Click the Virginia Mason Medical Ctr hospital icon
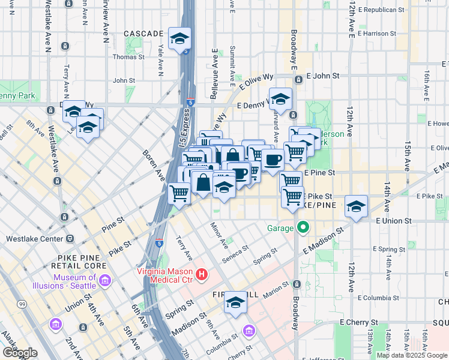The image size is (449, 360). tap(202, 275)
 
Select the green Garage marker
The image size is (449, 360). tap(303, 227)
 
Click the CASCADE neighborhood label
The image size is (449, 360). tap(143, 34)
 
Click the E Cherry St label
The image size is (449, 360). tap(360, 322)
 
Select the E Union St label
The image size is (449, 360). tap(393, 221)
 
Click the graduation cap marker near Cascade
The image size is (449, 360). tap(179, 40)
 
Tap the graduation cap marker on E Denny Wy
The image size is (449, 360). tap(280, 98)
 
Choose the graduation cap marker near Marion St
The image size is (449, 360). tap(236, 303)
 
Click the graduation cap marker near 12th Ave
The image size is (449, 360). tap(357, 207)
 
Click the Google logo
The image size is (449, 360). tap(20, 353)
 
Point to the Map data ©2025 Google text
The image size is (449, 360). tap(411, 355)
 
